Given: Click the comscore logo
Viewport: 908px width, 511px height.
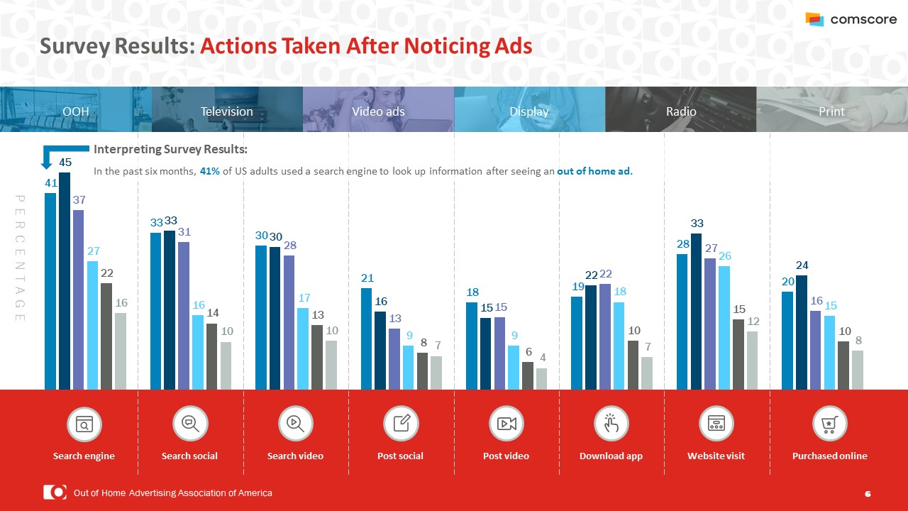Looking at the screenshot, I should click(851, 20).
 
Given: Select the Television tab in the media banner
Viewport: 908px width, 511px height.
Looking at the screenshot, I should click(227, 111).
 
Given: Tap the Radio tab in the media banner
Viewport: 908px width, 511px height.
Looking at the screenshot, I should click(681, 111).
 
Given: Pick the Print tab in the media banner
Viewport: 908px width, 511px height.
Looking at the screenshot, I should click(831, 111).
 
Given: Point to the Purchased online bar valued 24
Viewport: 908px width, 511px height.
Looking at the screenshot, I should click(801, 332).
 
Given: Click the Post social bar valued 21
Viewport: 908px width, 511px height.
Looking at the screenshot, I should click(366, 339).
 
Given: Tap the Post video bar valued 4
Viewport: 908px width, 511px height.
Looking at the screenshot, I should click(541, 378).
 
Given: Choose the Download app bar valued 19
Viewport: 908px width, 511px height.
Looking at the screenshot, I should click(577, 343).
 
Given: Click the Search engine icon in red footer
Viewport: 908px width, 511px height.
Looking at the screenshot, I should click(84, 424).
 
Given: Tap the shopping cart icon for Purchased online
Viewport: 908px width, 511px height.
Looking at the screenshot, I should click(829, 424).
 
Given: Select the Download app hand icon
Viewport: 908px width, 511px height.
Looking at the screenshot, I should click(611, 424).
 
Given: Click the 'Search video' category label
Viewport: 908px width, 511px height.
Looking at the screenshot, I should click(295, 456).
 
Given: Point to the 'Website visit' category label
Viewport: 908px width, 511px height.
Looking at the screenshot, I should click(716, 456).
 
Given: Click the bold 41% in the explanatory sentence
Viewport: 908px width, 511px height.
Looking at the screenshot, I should click(209, 171).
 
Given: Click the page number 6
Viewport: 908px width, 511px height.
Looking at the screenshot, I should click(868, 493).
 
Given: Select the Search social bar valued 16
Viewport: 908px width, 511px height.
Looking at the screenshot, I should click(198, 352).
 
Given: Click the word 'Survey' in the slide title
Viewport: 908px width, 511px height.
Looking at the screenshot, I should click(73, 46).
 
